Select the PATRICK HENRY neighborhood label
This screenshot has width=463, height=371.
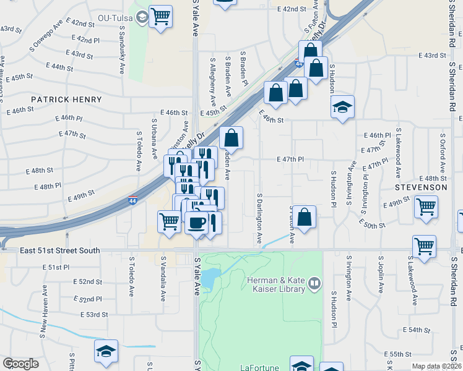(66, 99)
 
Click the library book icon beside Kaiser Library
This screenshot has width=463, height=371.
(315, 284)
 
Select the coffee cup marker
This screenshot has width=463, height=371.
(197, 223)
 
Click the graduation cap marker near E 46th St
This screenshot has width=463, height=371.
(342, 107)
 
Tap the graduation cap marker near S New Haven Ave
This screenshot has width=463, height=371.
(106, 351)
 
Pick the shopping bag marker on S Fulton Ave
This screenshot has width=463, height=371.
(304, 217)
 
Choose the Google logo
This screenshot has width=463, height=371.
(20, 364)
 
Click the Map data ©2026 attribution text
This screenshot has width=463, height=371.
(436, 366)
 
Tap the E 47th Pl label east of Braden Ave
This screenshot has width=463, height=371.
(290, 159)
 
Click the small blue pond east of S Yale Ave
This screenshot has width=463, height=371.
(210, 275)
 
